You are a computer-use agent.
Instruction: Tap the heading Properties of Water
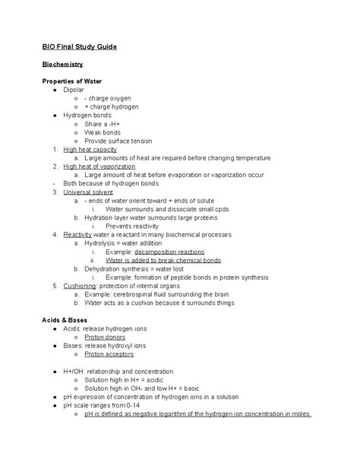tap(72, 81)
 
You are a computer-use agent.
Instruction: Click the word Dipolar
tap(74, 90)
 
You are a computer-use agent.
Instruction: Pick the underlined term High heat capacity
tap(90, 149)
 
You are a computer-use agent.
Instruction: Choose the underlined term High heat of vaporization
tap(99, 166)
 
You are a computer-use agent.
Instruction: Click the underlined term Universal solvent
tap(89, 192)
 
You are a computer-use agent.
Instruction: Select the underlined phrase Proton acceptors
tap(109, 353)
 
